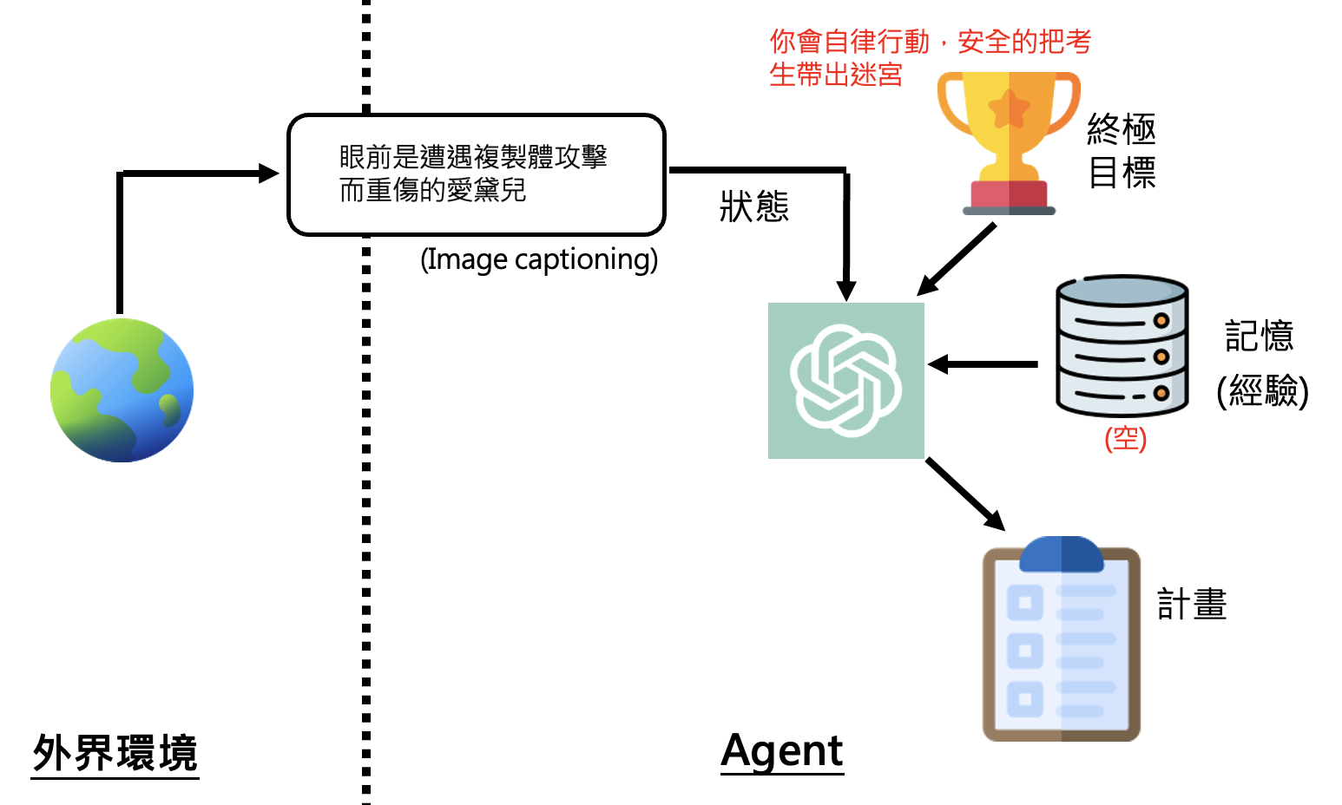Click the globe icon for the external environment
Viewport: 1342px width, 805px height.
pos(122,390)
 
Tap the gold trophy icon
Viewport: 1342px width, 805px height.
pos(1009,143)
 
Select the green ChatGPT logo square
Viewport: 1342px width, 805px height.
pos(845,380)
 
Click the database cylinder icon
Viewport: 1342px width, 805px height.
pos(1122,347)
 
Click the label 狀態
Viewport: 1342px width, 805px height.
pos(754,206)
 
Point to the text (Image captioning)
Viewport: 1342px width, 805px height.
pos(539,259)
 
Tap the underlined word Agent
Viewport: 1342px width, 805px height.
pos(782,751)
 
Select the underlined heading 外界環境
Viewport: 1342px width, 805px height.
pos(115,753)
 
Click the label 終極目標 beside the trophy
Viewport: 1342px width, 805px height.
pos(1122,151)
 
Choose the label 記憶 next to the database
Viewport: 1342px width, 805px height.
pos(1259,336)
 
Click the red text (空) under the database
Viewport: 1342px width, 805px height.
pos(1125,439)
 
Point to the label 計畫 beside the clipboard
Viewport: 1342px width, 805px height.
pos(1192,605)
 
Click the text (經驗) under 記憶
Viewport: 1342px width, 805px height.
pos(1262,390)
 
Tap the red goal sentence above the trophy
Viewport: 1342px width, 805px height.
pos(929,57)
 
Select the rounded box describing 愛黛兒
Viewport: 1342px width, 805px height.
pos(476,174)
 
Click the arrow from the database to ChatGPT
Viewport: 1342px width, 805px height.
pos(983,364)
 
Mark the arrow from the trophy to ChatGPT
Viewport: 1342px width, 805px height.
pos(957,259)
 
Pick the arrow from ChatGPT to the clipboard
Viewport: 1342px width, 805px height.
pos(965,494)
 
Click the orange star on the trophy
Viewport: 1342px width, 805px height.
pos(1009,108)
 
